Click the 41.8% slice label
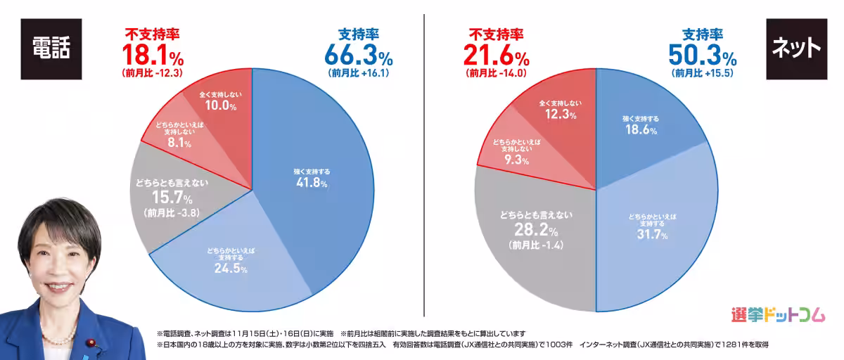[x=311, y=183]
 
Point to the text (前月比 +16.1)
[x=358, y=72]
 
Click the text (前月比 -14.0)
[x=496, y=72]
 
